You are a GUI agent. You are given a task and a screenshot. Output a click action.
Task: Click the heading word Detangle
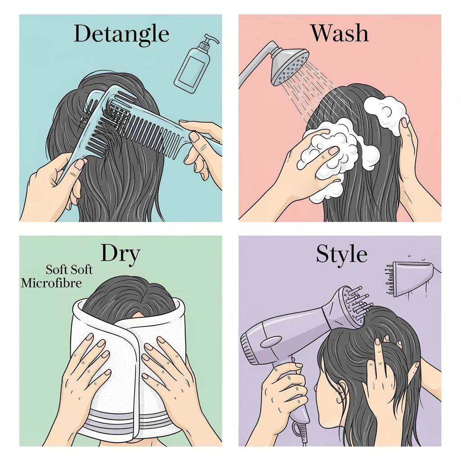pos(121,34)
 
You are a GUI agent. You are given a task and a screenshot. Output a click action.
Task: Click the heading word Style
pos(341,254)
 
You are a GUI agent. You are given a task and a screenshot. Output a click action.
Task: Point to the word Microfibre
pos(52,283)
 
